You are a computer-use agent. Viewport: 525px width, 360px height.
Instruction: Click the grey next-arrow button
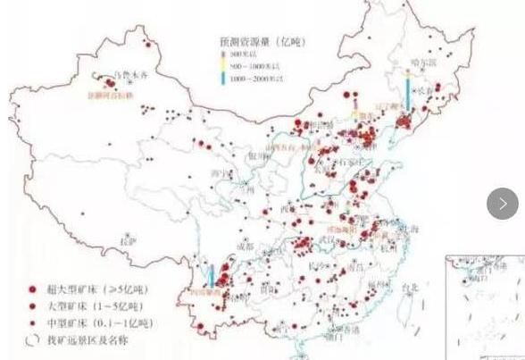(503, 205)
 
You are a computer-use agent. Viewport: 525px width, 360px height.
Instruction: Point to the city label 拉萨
(127, 241)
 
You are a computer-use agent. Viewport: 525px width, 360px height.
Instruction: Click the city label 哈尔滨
(421, 63)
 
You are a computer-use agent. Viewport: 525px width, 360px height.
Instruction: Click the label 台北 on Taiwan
(409, 288)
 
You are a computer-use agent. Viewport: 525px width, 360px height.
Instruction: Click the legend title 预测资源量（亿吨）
(255, 42)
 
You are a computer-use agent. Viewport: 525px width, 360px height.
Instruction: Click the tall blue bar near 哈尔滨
(407, 92)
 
